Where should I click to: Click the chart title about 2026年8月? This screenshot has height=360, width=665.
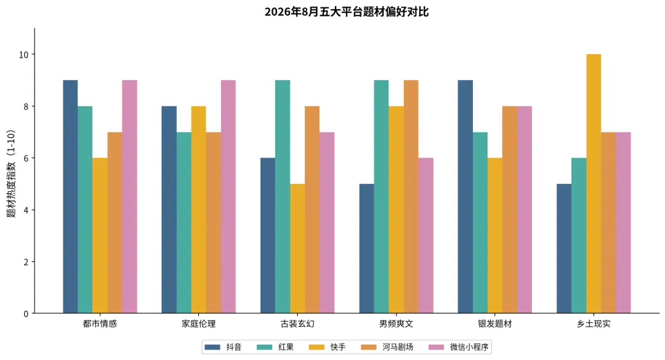coord(347,12)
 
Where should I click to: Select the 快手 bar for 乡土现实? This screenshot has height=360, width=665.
coord(594,183)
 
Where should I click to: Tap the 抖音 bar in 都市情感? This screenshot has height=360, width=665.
coord(70,197)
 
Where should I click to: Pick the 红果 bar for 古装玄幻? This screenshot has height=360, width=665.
coord(283,197)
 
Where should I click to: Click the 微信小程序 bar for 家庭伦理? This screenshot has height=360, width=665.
coord(228,197)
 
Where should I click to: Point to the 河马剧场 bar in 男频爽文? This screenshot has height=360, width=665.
coord(411,197)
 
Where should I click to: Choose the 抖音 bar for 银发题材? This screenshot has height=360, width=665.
coord(465,197)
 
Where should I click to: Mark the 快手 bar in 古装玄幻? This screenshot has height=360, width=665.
coord(297,249)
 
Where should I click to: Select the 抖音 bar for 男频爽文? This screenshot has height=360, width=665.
coord(366,249)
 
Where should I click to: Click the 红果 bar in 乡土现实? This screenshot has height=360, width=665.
coord(579,236)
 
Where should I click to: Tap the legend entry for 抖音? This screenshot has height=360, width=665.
coord(223,347)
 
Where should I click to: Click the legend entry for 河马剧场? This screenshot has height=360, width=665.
coord(387,347)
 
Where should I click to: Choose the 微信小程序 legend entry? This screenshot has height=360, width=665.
coord(459,347)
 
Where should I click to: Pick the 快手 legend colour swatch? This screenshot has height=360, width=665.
coord(316,347)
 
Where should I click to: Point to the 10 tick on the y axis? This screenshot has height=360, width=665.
coord(24,55)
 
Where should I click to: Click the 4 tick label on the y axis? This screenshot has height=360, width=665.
coord(26,210)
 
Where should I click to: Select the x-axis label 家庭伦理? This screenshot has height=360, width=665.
coord(198,324)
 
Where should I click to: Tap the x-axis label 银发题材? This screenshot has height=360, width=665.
coord(495,324)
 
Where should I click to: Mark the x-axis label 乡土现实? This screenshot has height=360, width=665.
coord(594,324)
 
